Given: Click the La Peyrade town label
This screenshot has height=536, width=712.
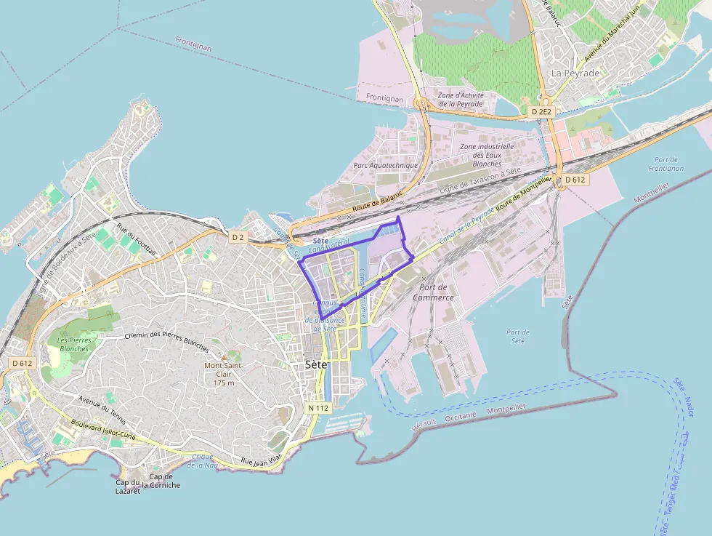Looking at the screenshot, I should coord(575,73).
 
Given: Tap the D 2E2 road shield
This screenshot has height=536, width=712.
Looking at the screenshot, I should coord(541,112).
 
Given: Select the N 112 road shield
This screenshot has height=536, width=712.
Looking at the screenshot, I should coord(319,408).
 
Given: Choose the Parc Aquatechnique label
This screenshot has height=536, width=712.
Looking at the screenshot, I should coord(386,165).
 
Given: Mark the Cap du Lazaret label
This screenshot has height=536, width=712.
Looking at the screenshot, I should coord(127,487).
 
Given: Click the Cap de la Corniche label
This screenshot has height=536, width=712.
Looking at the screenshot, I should coord(161,481).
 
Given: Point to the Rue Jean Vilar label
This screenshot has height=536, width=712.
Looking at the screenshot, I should coord(261,460).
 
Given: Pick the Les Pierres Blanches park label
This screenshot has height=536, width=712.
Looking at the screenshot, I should coord(73,344).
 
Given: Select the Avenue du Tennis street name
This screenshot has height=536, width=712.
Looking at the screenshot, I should coord(102,409).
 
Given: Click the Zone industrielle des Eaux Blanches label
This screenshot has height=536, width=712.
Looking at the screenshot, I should coord(487,155).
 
